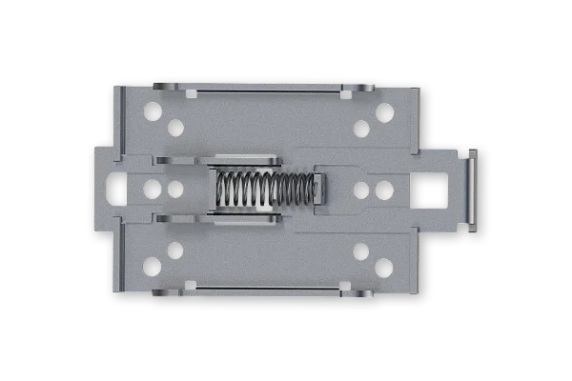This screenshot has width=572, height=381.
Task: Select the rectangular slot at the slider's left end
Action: point(115,188)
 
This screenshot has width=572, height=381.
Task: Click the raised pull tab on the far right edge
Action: point(471,189)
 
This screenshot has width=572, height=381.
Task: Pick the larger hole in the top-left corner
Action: point(152,111)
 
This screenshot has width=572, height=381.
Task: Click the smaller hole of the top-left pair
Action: point(174,128)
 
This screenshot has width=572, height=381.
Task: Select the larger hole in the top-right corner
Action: point(384,112)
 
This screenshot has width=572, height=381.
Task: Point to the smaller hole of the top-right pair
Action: point(361,129)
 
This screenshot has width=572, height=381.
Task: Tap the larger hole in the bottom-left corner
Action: point(152,266)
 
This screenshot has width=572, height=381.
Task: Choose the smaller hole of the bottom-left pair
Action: point(174,251)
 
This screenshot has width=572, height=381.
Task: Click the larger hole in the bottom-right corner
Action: point(383,267)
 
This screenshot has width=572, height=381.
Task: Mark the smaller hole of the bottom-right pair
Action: point(360,251)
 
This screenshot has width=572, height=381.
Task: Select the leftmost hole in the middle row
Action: point(152,189)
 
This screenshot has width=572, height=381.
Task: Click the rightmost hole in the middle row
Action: point(383,190)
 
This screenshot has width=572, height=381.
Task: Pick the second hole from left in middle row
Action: point(175,189)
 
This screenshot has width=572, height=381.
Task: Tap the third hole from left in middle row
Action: point(361,190)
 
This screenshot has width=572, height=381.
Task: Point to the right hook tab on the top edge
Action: point(358,88)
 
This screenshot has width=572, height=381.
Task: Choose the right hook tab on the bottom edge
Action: point(358,291)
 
